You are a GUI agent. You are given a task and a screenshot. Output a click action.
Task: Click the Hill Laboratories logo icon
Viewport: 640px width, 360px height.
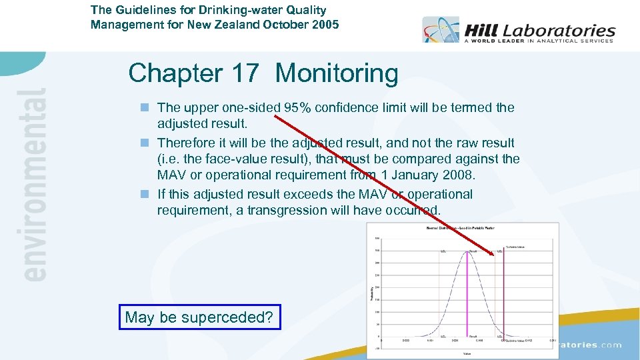[x=440, y=29]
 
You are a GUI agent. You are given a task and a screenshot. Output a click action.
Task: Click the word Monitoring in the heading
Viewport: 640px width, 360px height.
[x=337, y=73]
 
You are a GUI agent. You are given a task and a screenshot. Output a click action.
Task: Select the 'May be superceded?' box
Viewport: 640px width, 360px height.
[x=199, y=317]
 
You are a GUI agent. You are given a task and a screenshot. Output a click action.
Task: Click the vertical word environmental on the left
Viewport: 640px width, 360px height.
[x=34, y=183]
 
